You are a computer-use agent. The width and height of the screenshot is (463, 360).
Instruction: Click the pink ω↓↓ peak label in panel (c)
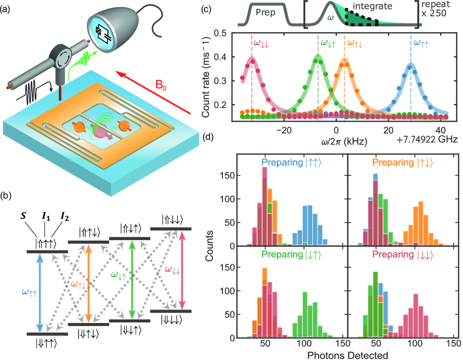pos(262,43)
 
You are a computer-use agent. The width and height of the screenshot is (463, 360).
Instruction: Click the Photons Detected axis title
pos(343,354)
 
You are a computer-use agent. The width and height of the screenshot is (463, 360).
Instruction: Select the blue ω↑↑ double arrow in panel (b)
pos(40,294)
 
